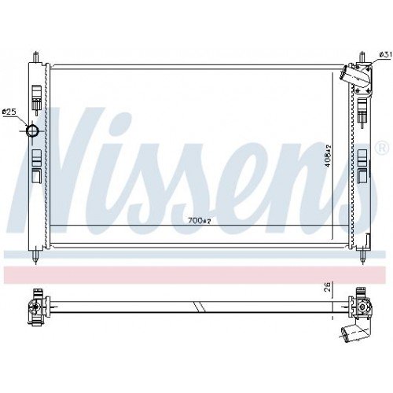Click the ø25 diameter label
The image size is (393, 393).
tap(9, 112)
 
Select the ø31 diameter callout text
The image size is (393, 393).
tap(384, 53)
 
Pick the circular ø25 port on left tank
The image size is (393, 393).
tap(33, 130)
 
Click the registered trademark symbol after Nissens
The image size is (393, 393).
tap(381, 148)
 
